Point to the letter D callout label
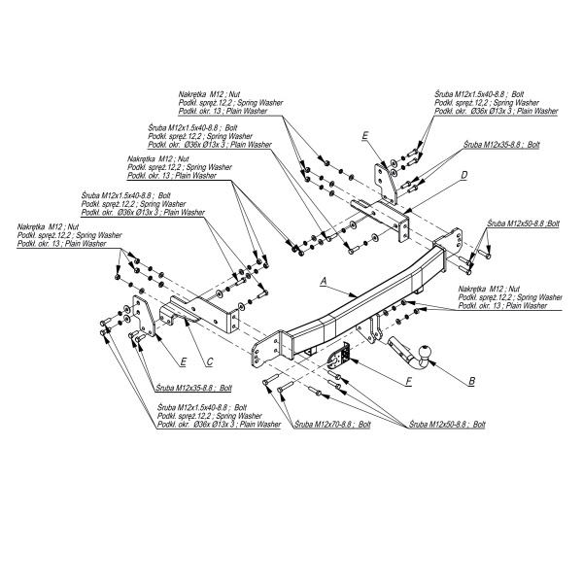[x=464, y=175]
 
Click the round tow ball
[x=424, y=350]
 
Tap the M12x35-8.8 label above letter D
[x=501, y=144]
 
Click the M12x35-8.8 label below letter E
[x=188, y=387]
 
